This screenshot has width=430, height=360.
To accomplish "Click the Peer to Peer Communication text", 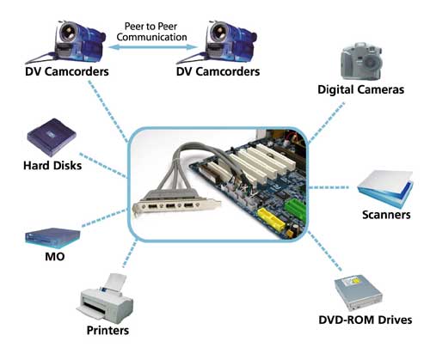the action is point(151,32).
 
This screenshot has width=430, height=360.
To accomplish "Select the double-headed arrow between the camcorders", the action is point(153,47).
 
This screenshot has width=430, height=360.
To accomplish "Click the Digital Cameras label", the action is point(361,89).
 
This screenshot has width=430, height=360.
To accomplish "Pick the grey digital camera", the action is point(361,61).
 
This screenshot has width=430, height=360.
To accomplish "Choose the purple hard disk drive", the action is point(52,137).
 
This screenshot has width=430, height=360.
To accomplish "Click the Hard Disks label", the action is point(52,166).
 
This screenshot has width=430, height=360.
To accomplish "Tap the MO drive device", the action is point(52,238).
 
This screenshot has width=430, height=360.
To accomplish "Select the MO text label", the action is point(55,257).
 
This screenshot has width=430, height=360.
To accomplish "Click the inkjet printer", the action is point(105,297).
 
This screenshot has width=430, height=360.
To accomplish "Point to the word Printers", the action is point(107,331).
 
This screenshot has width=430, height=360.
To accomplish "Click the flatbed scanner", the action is point(385,189).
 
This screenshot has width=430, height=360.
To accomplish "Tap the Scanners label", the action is point(386,215).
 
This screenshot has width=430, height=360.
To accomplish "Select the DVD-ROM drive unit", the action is point(359,293).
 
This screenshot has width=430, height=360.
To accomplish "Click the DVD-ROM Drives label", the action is point(365,320).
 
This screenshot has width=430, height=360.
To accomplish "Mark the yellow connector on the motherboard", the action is point(271,220).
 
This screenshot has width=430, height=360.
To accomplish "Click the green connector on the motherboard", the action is point(294,208).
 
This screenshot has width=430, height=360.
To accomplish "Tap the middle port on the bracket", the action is point(170,205).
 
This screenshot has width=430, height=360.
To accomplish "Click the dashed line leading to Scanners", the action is point(329,187).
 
